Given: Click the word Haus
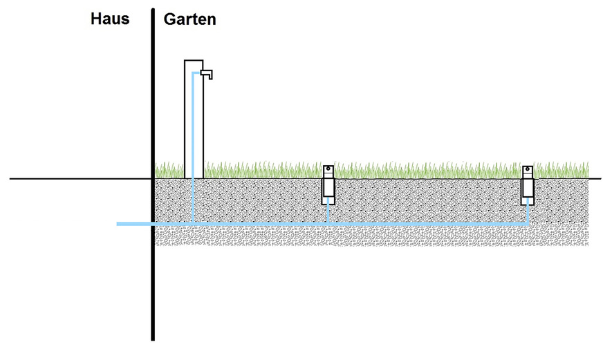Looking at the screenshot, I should coord(110,19).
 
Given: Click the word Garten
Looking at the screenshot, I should coord(189,19).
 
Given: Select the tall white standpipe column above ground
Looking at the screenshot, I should coord(188,117).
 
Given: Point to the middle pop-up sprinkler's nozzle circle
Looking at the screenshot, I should coord(328,170).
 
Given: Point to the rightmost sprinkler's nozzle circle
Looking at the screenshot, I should coord(528,170).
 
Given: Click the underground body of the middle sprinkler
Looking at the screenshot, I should coord(328,189).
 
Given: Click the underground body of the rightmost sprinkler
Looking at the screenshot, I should coord(528,189).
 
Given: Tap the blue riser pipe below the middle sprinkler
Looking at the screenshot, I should coord(328,214).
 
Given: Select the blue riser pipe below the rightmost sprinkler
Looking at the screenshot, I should coord(528,214).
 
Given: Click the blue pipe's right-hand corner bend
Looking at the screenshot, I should coord(528,224).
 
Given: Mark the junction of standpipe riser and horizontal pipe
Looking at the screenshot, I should coord(193,224).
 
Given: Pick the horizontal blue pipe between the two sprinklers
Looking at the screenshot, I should coord(429,224).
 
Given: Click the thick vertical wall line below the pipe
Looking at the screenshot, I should coord(152,290).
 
